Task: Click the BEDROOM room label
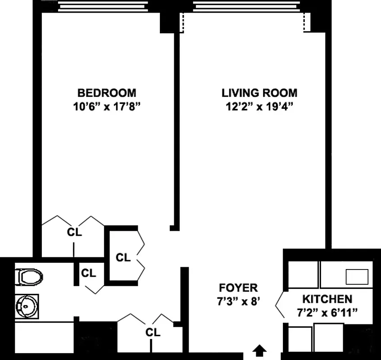click(x=107, y=93)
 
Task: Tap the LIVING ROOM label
click(x=259, y=93)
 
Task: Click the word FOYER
click(x=238, y=288)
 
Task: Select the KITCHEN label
click(x=327, y=299)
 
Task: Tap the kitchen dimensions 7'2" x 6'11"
click(x=327, y=312)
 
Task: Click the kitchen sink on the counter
click(x=356, y=276)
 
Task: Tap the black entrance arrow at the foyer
click(x=259, y=350)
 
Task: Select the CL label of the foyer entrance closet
click(x=153, y=333)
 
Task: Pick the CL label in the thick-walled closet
click(x=123, y=258)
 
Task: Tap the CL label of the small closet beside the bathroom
click(x=89, y=273)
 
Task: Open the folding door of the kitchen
click(x=279, y=305)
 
